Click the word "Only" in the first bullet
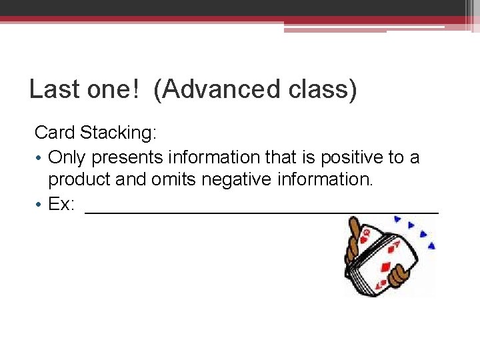pyautogui.click(x=68, y=157)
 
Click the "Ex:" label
pyautogui.click(x=61, y=204)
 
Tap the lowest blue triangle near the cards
pyautogui.click(x=431, y=246)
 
